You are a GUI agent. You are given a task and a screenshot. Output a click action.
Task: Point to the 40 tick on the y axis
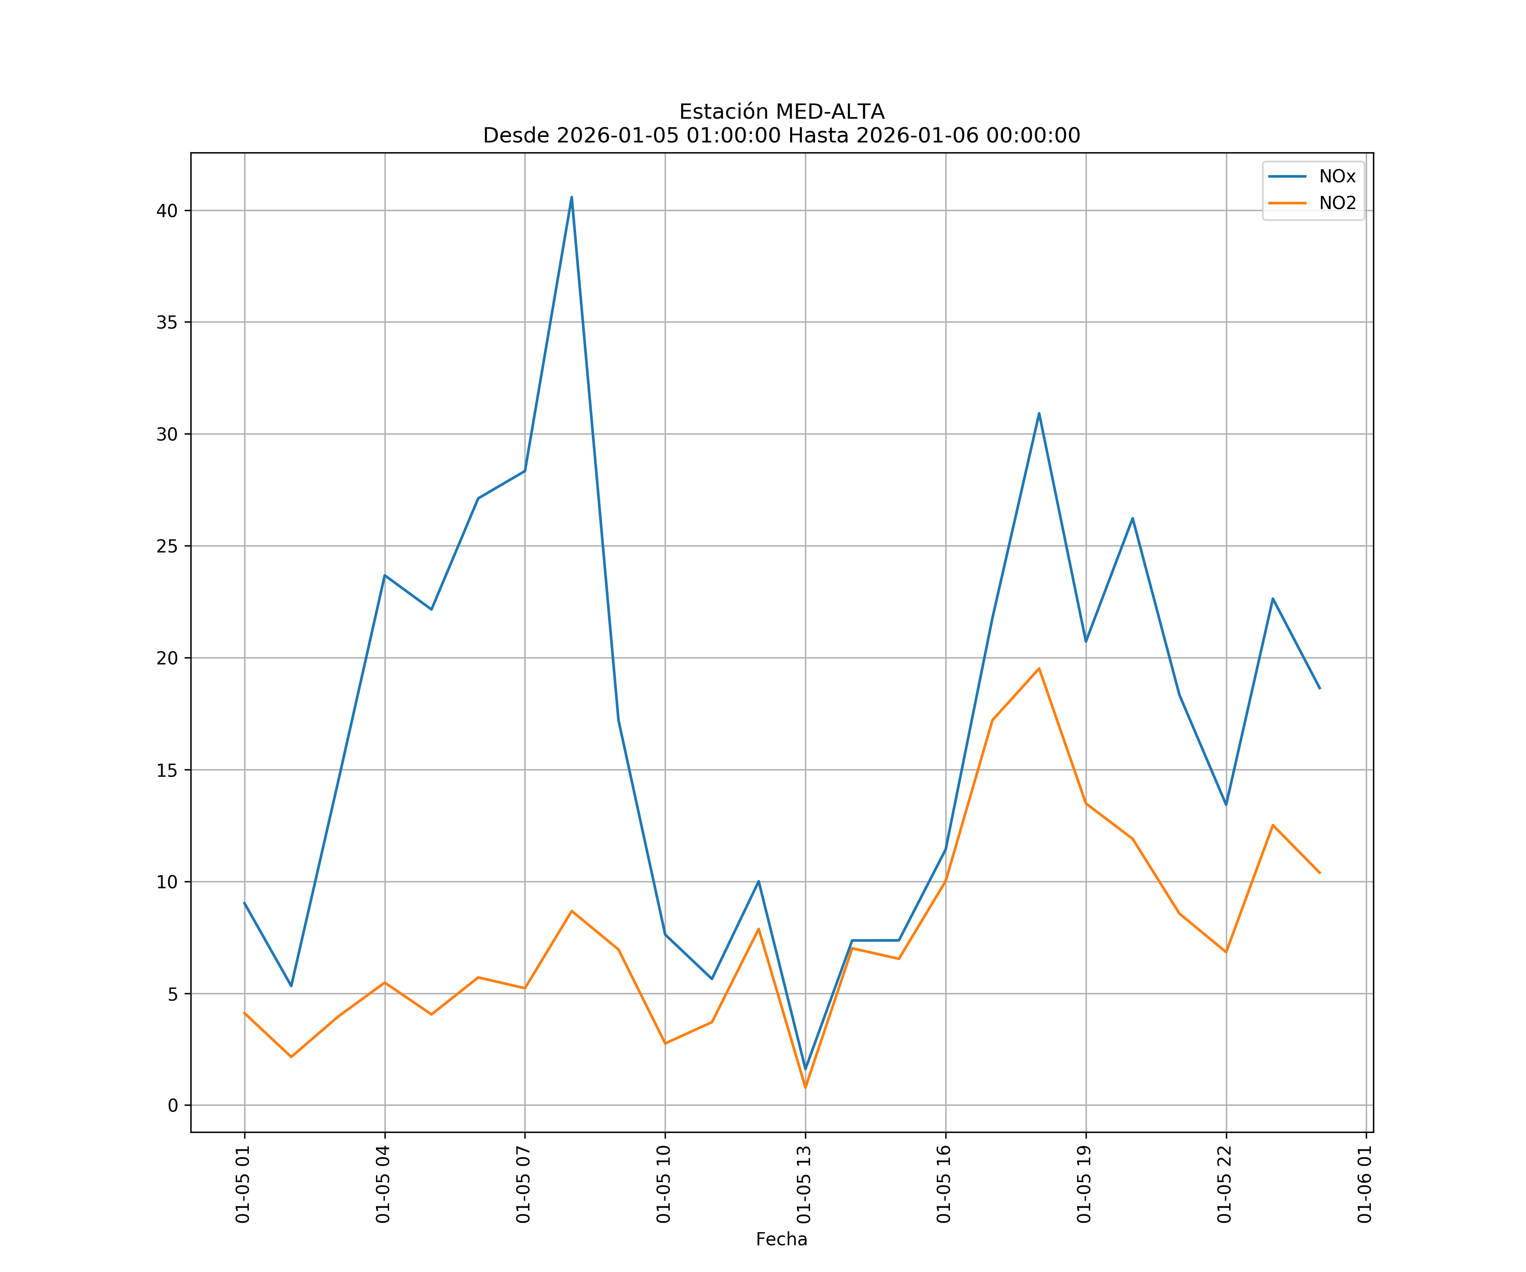point(167,211)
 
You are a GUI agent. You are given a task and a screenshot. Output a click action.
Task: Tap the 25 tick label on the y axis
point(167,546)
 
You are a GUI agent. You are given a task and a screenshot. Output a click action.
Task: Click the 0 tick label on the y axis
point(173,1105)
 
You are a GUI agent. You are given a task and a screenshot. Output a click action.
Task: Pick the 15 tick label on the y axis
point(167,770)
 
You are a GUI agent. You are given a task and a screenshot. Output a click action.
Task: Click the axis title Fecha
point(781,1239)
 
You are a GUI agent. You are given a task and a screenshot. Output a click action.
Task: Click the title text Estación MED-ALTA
point(781,112)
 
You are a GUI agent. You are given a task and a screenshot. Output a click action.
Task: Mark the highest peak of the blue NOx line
point(572,197)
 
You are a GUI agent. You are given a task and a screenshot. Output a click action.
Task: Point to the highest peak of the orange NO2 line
point(1039,668)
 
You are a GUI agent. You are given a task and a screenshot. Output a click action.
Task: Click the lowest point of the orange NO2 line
point(805,1088)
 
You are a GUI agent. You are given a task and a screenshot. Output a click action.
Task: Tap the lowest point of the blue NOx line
point(805,1069)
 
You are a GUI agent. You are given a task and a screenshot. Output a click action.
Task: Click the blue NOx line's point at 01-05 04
point(384,575)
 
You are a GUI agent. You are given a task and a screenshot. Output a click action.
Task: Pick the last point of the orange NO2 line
point(1320,873)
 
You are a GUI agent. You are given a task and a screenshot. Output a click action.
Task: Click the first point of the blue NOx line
point(244,903)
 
